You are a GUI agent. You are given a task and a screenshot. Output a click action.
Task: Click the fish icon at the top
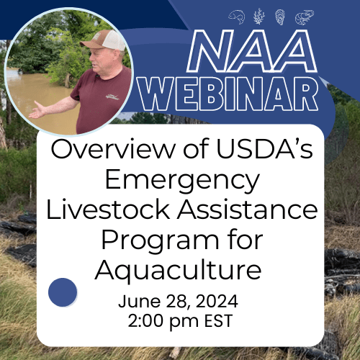236,16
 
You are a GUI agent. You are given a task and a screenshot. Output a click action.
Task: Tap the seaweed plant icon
259,16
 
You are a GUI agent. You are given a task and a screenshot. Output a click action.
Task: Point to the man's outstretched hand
35,112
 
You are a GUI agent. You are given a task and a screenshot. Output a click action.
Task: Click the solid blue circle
63,292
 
